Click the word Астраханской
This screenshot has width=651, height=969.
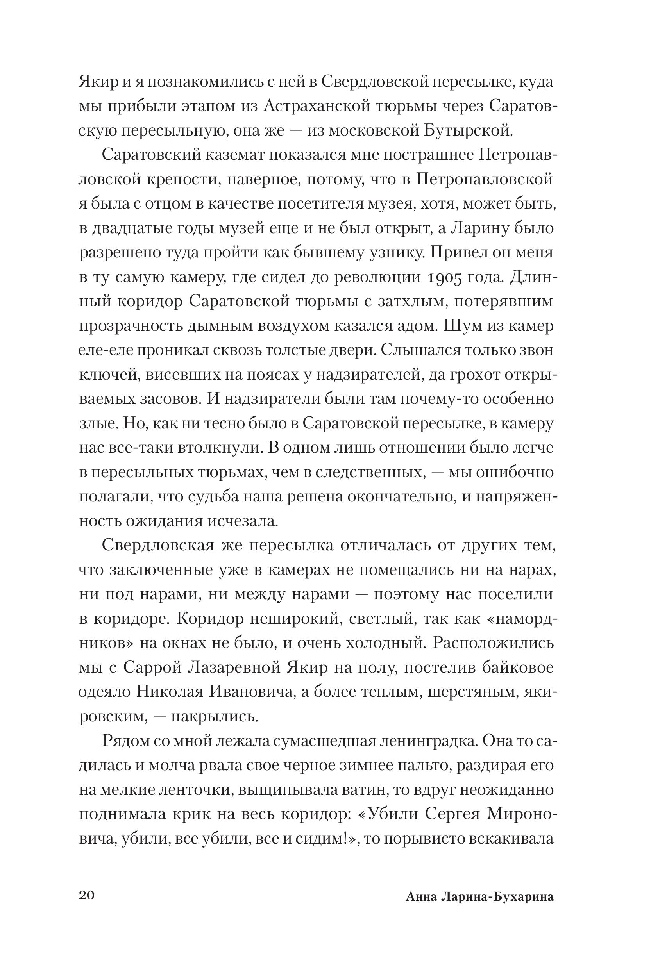[316, 107]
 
